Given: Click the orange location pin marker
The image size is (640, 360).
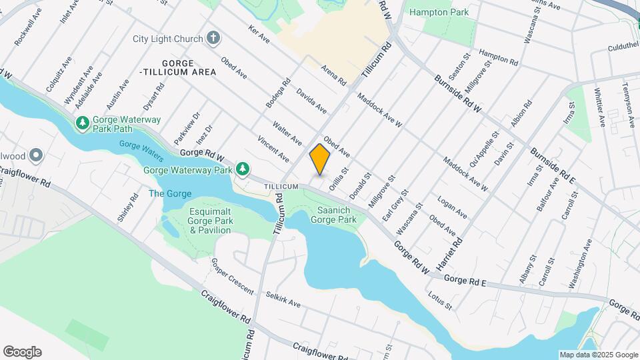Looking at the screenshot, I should point(320,159).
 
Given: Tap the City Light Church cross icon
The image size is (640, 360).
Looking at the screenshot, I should point(213,39).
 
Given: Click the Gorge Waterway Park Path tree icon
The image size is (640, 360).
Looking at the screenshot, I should point(82,123).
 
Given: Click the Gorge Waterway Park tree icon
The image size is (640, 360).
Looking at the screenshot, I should point(244,169).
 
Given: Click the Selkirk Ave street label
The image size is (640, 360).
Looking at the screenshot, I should point(283,299).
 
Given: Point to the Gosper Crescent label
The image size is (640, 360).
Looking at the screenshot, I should point(233,275).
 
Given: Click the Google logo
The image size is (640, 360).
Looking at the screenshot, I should point(22,351).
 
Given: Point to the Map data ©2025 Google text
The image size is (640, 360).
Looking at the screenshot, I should point(598,355).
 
